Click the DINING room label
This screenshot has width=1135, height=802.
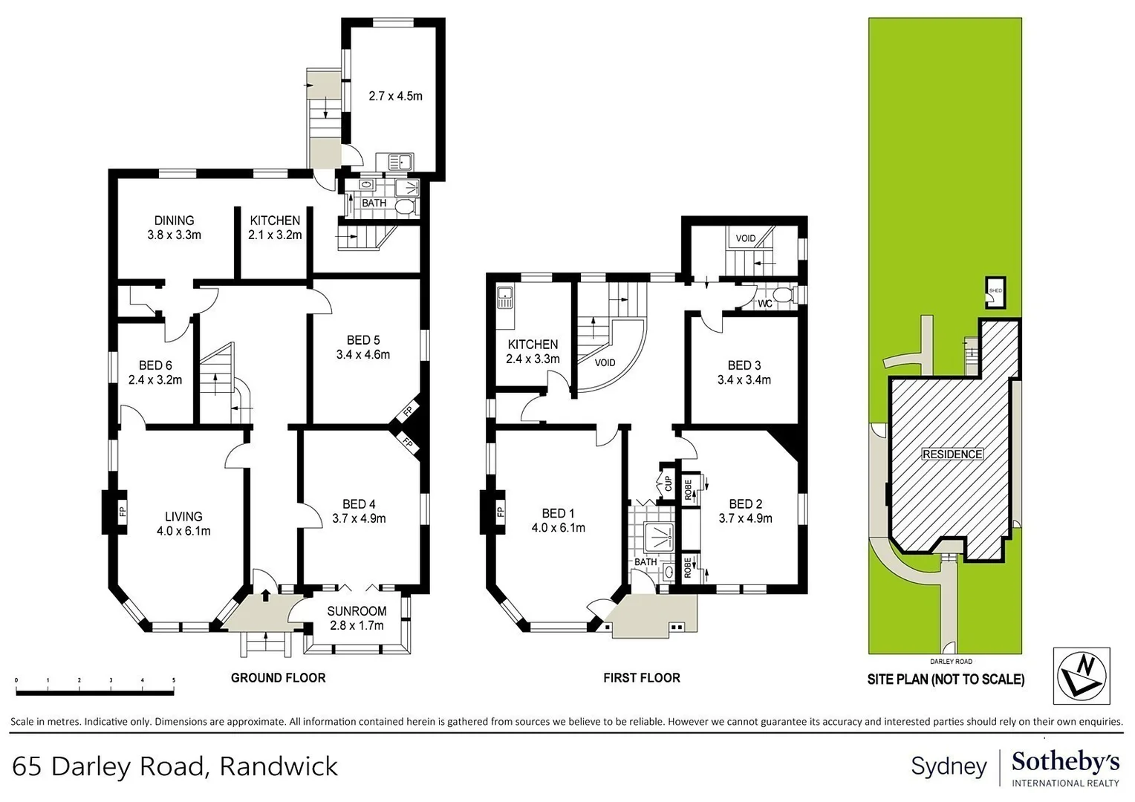tap(174, 221)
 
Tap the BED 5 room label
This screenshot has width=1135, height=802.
tap(362, 340)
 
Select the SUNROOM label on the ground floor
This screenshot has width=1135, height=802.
tap(357, 611)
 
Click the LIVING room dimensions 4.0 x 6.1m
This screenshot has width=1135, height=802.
tap(183, 531)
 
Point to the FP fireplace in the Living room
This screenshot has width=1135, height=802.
tap(123, 511)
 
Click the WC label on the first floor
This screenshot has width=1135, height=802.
tap(764, 304)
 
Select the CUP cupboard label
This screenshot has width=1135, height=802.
tap(668, 483)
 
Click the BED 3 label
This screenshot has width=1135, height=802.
tap(744, 365)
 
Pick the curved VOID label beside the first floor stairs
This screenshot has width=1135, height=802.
tap(605, 363)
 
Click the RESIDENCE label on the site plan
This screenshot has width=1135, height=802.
tap(952, 454)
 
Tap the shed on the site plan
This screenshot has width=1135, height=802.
tap(995, 293)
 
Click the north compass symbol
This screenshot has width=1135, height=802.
tap(1082, 675)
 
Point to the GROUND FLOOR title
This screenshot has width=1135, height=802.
tap(278, 677)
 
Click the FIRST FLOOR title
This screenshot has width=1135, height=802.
tap(641, 677)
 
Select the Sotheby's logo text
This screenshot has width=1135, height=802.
tap(1065, 762)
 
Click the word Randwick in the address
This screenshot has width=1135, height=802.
tap(279, 766)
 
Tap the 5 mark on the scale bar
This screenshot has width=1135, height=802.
tap(173, 680)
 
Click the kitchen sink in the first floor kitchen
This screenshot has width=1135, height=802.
tap(506, 299)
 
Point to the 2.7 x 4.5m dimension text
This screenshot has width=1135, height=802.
tap(395, 96)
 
